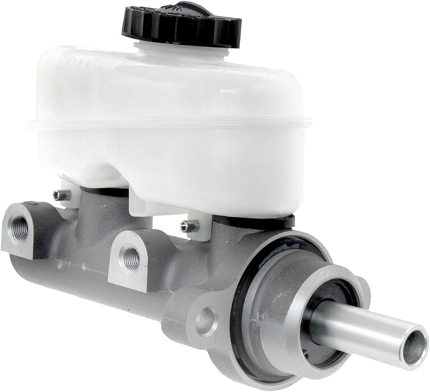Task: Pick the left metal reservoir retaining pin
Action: coord(58,195)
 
